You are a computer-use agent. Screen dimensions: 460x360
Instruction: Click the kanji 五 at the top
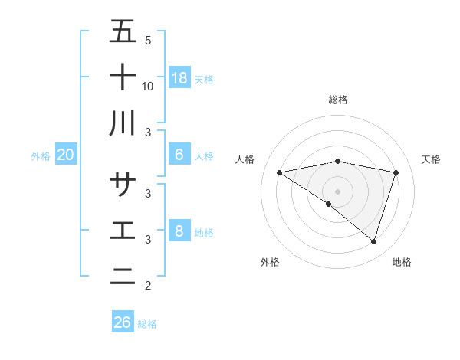pyautogui.click(x=123, y=32)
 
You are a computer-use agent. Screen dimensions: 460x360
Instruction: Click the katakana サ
pyautogui.click(x=123, y=185)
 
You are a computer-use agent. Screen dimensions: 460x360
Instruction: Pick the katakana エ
pyautogui.click(x=123, y=230)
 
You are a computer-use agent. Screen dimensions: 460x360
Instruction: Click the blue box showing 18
pyautogui.click(x=179, y=77)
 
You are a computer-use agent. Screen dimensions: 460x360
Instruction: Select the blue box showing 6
pyautogui.click(x=179, y=155)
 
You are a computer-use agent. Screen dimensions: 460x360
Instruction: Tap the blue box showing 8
pyautogui.click(x=179, y=231)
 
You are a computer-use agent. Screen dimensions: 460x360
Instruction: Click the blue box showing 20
pyautogui.click(x=65, y=155)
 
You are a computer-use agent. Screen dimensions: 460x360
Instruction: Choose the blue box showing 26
pyautogui.click(x=123, y=322)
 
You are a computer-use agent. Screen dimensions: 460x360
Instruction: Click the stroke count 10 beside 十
pyautogui.click(x=148, y=86)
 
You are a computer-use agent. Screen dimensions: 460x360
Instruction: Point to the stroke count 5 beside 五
pyautogui.click(x=148, y=41)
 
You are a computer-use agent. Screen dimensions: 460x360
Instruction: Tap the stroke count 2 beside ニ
pyautogui.click(x=148, y=286)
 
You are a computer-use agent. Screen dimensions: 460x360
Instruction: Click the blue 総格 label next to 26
pyautogui.click(x=147, y=324)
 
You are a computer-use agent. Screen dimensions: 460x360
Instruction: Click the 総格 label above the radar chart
pyautogui.click(x=338, y=100)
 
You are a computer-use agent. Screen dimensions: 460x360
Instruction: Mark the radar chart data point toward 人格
pyautogui.click(x=280, y=172)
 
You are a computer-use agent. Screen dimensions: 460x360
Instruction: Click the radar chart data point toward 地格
pyautogui.click(x=374, y=241)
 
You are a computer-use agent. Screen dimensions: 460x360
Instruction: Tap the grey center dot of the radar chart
pyautogui.click(x=338, y=191)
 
